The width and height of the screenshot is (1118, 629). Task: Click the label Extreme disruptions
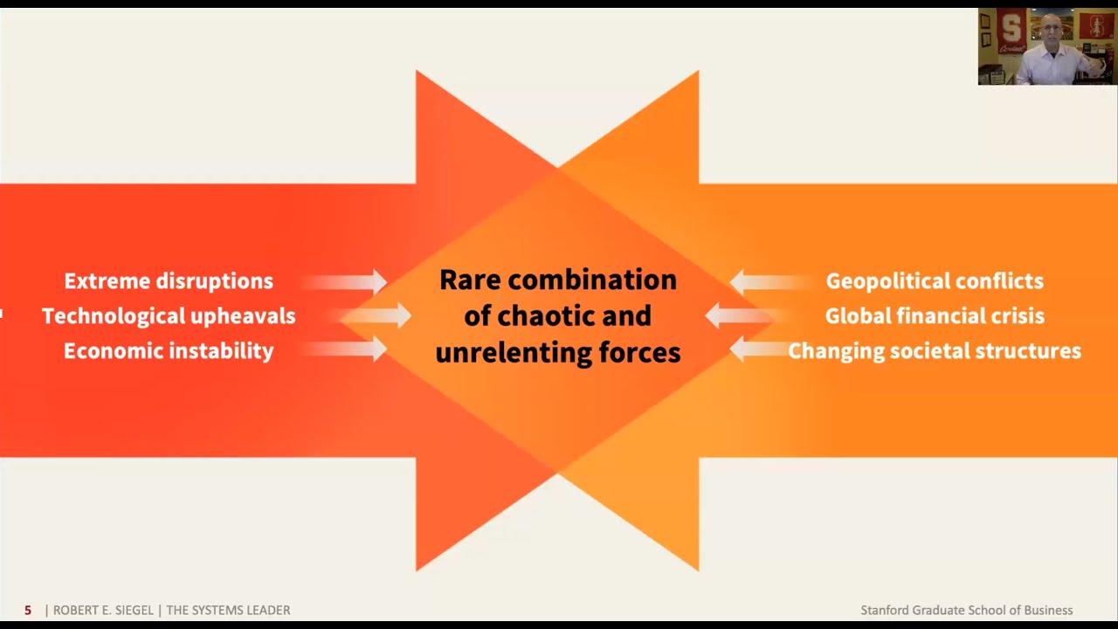169,281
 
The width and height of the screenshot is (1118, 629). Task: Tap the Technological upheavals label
169,316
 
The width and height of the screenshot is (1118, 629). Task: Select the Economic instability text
169,351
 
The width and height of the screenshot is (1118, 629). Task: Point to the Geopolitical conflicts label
935,281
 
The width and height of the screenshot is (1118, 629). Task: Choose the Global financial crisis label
935,316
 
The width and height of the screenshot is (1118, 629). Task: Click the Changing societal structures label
935,351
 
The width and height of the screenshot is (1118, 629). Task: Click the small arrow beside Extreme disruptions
344,282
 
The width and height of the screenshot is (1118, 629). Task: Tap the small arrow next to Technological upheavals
376,315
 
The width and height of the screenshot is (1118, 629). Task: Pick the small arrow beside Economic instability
344,349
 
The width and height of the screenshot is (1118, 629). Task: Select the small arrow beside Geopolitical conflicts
771,282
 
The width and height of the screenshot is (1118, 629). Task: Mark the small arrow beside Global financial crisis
743,315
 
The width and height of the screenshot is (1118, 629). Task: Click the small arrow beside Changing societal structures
759,349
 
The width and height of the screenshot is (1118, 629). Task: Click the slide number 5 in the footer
28,610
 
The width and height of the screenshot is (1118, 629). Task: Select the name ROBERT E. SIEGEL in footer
103,610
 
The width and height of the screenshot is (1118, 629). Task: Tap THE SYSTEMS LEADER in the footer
228,610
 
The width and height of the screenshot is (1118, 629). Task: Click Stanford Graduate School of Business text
967,610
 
